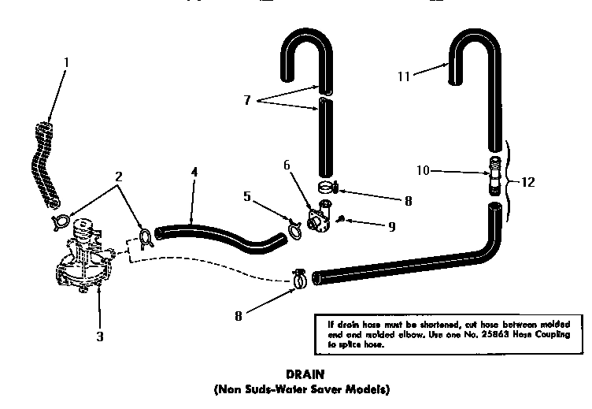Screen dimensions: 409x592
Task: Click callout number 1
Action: [66, 61]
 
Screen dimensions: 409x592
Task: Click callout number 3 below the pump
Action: [100, 336]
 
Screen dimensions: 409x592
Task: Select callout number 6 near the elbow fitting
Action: [287, 165]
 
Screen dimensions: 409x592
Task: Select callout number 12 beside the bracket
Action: [528, 182]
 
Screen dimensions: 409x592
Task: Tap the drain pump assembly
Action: [83, 260]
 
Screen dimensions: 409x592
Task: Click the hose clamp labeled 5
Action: [294, 228]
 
